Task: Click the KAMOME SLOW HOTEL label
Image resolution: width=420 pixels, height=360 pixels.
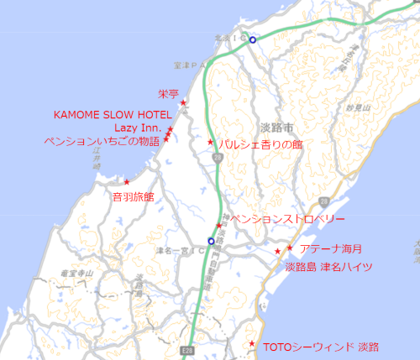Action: pos(113,114)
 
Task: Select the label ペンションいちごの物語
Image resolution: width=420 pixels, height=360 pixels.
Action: pos(102,141)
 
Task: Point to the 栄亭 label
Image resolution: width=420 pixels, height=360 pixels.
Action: pos(168,93)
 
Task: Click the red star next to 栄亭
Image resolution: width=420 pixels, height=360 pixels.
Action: pos(184,103)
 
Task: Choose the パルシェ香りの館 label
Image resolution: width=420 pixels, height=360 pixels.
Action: pos(260,144)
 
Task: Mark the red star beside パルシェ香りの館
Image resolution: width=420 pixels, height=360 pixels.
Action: pos(211,142)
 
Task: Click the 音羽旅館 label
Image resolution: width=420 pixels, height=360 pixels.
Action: pos(133,197)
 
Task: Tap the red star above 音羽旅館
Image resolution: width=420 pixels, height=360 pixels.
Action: pos(127,181)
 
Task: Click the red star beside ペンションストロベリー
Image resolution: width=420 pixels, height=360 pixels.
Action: pos(219,225)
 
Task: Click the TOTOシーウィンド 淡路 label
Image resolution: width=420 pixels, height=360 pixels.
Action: pos(321,347)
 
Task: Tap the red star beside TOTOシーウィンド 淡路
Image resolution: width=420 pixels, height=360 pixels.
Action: pos(253,344)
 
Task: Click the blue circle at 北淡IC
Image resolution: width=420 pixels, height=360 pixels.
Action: pos(252,39)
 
